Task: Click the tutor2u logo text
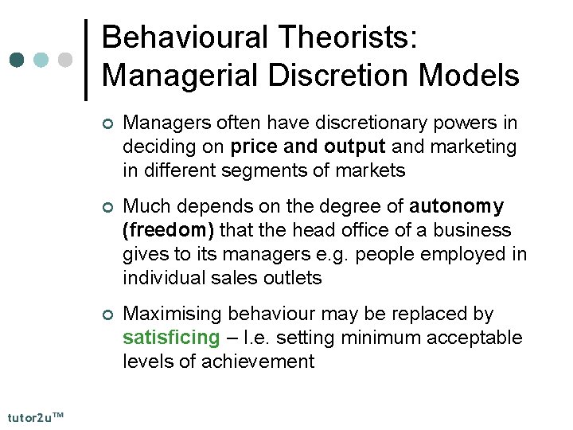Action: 36,416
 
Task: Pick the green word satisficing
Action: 170,338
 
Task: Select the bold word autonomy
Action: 456,206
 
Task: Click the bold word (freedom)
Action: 168,230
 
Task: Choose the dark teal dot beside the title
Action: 17,60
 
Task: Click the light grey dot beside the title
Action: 66,60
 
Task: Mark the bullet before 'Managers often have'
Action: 108,124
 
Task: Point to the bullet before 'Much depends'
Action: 108,208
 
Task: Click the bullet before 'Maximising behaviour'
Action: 108,315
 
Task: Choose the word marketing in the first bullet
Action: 470,147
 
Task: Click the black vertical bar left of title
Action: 86,60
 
